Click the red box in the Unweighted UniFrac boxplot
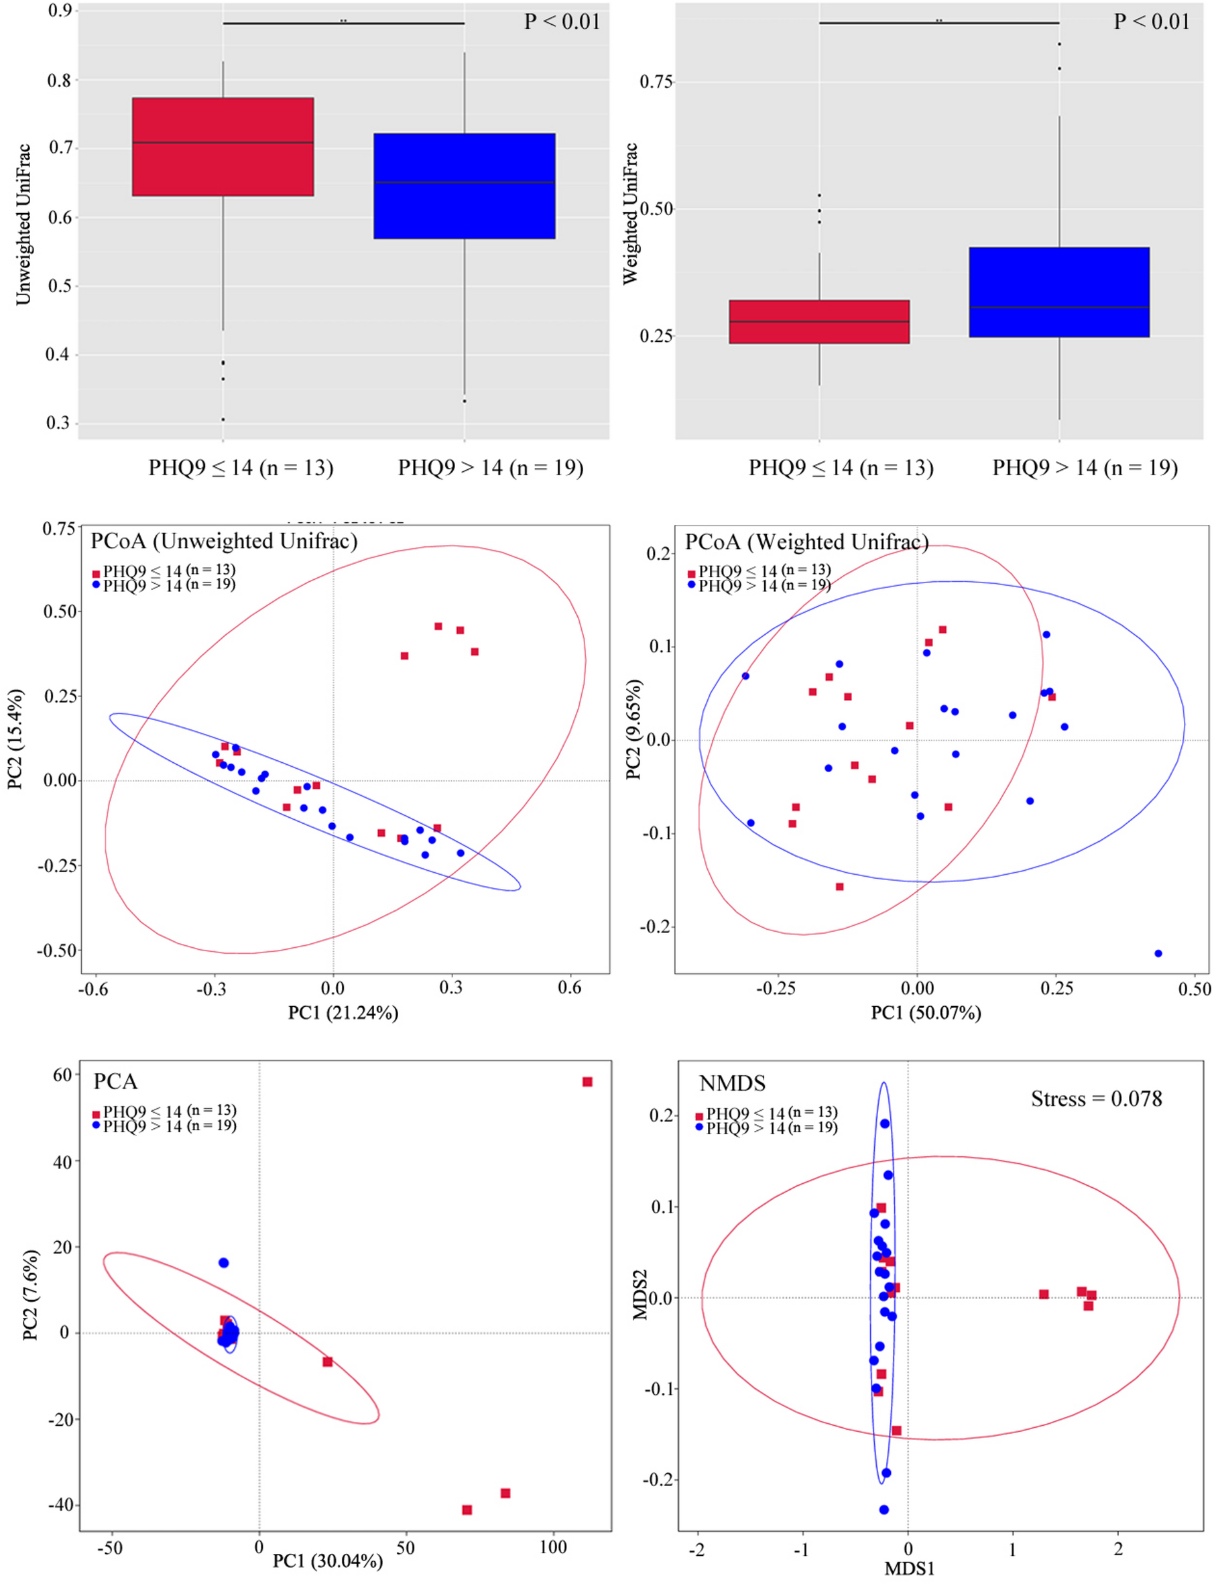click(223, 147)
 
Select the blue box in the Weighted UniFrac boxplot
click(1058, 292)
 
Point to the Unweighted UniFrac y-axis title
click(23, 224)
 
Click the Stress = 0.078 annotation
click(1095, 1099)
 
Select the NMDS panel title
click(732, 1083)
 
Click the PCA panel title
click(115, 1082)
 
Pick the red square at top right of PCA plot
click(587, 1082)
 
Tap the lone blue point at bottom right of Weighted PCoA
click(1158, 953)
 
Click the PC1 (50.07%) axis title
click(926, 1012)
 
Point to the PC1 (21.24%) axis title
click(343, 1012)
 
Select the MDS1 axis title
click(910, 1568)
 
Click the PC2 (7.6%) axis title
click(30, 1295)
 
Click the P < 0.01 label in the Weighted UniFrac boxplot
click(1151, 21)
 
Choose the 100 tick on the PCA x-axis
click(554, 1547)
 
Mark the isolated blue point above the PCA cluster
click(223, 1262)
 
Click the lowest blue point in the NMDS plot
click(884, 1510)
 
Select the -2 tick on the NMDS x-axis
click(696, 1549)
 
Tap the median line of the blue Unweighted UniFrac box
click(464, 182)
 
